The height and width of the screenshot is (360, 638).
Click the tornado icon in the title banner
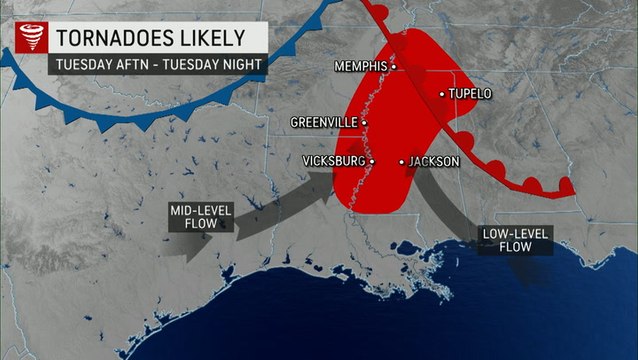28,39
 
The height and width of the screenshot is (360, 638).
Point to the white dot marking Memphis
393,67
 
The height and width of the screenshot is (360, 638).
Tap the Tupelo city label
470,94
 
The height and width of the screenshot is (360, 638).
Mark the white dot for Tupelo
441,94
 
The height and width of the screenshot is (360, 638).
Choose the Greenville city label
324,122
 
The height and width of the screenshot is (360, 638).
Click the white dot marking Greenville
364,122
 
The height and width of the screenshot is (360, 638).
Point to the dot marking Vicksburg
371,161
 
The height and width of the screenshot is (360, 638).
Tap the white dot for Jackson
402,161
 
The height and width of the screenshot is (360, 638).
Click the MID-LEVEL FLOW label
194,216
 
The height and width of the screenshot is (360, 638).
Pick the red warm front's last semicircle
565,186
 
